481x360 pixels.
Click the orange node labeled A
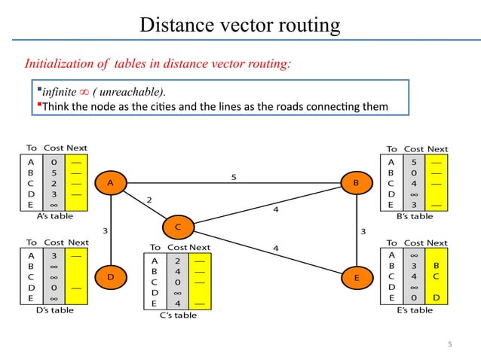pyautogui.click(x=111, y=182)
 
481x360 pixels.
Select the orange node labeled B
pyautogui.click(x=355, y=182)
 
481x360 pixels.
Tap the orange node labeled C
pyautogui.click(x=177, y=226)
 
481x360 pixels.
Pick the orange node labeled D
pyautogui.click(x=111, y=278)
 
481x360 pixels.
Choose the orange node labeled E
pyautogui.click(x=355, y=278)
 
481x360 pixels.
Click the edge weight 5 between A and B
pyautogui.click(x=234, y=177)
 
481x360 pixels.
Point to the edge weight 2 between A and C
pyautogui.click(x=149, y=200)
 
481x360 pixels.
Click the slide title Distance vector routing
pyautogui.click(x=240, y=26)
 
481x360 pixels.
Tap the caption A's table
pyautogui.click(x=51, y=215)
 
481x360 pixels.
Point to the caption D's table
pyautogui.click(x=51, y=310)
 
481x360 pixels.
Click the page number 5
pyautogui.click(x=450, y=344)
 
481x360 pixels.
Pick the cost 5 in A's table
pyautogui.click(x=55, y=171)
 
